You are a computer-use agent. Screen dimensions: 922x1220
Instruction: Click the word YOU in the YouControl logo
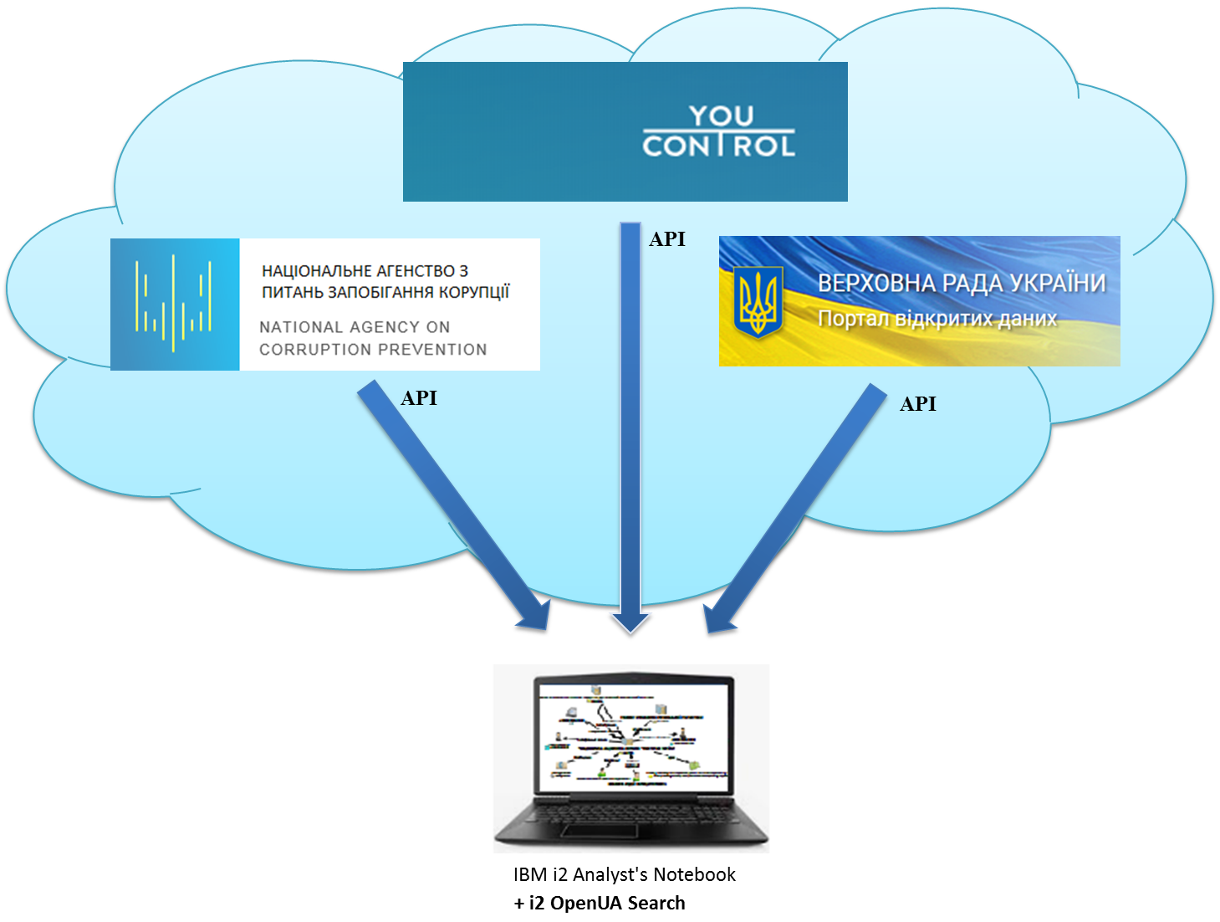click(721, 116)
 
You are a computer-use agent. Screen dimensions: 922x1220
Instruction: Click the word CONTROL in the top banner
click(718, 146)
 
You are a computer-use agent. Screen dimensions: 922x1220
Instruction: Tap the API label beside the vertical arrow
click(667, 239)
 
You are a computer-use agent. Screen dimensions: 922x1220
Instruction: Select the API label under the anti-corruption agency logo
click(419, 398)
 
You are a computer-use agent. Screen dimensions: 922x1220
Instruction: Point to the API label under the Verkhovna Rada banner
click(918, 404)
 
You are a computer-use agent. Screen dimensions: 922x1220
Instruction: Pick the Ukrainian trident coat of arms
click(758, 301)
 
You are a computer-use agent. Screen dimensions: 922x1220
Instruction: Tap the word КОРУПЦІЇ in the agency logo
click(474, 292)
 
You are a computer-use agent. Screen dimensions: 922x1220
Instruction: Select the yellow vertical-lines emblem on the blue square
click(174, 304)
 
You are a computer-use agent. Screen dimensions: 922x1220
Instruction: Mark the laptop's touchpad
click(600, 831)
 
